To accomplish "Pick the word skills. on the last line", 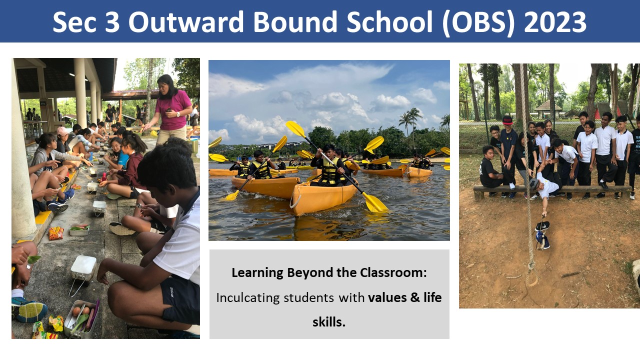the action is pyautogui.click(x=329, y=322).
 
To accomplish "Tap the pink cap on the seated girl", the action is pyautogui.click(x=62, y=131).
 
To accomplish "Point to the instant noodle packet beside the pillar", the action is pyautogui.click(x=56, y=233).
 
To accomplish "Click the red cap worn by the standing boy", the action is pyautogui.click(x=507, y=120).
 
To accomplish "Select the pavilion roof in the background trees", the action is pyautogui.click(x=548, y=106).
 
